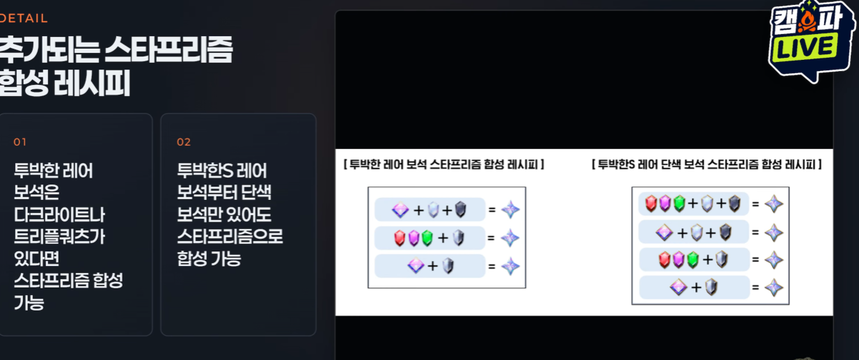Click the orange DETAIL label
click(x=24, y=18)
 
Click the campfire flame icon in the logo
click(x=807, y=21)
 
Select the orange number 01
click(x=20, y=142)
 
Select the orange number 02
click(x=184, y=142)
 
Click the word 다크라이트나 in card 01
click(x=59, y=214)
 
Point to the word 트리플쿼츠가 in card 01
click(x=59, y=237)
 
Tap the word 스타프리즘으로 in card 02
click(x=230, y=237)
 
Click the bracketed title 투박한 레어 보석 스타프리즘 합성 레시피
click(x=443, y=164)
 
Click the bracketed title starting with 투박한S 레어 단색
click(x=707, y=164)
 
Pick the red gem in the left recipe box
click(x=400, y=238)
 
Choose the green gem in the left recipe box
click(x=427, y=238)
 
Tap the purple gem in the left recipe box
click(x=413, y=238)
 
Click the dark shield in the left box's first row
click(x=461, y=210)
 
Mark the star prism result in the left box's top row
click(x=510, y=210)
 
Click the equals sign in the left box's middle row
click(x=491, y=238)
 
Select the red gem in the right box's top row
click(x=651, y=203)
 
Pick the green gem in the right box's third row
click(x=693, y=260)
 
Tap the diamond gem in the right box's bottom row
click(x=678, y=288)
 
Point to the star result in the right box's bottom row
click(x=774, y=288)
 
